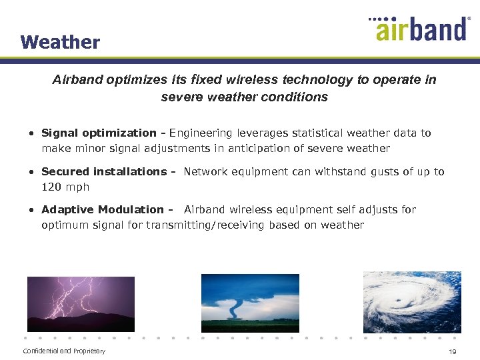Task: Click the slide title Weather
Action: pos(60,42)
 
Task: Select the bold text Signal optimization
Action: pos(99,133)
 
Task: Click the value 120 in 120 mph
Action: pos(52,187)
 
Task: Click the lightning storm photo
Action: pos(81,304)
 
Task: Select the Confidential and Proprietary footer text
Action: pos(64,351)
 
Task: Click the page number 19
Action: pos(452,351)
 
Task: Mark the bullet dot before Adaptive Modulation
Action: pos(31,210)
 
